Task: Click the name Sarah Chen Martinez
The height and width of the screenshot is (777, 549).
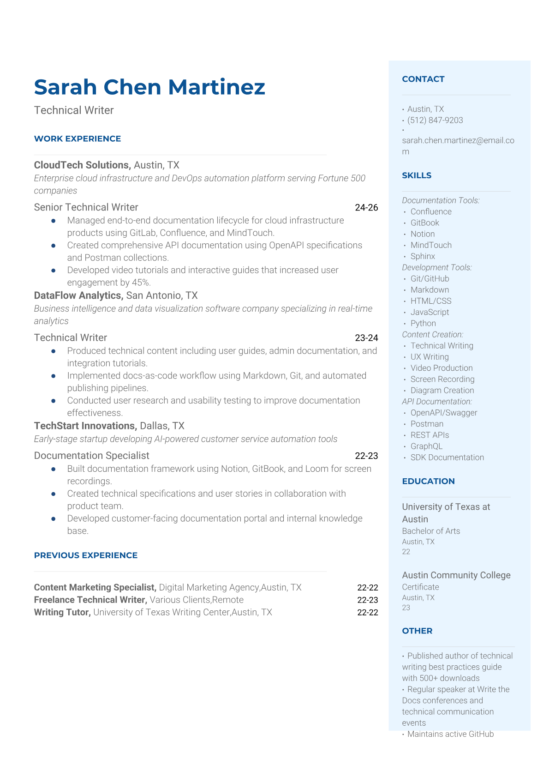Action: tap(149, 87)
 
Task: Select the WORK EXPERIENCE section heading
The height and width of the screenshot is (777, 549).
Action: tap(78, 139)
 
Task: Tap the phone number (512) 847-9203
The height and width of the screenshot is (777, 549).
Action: tap(435, 120)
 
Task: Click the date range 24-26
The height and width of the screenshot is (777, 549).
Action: tap(366, 207)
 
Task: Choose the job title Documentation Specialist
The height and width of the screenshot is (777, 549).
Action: tap(91, 455)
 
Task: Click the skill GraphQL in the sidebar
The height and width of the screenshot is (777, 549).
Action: tap(426, 446)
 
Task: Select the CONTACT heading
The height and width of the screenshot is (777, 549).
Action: tap(423, 79)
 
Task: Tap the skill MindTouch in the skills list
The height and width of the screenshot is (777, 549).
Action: tap(431, 245)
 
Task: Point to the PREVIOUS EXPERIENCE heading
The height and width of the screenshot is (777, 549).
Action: tap(86, 555)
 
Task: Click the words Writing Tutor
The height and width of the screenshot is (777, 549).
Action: tap(62, 612)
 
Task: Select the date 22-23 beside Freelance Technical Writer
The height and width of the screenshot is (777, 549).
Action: tap(367, 600)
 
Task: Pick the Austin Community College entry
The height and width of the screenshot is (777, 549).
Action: tap(456, 575)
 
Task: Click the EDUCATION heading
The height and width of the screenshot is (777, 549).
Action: tap(428, 481)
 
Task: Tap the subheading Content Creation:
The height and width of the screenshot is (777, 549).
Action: tap(432, 334)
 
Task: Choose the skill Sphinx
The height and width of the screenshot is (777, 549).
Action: tap(423, 256)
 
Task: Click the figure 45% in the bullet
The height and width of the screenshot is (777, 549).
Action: tap(141, 283)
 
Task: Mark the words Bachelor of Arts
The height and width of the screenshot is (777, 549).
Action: tap(431, 531)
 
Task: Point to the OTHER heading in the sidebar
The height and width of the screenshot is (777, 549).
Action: tap(417, 631)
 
